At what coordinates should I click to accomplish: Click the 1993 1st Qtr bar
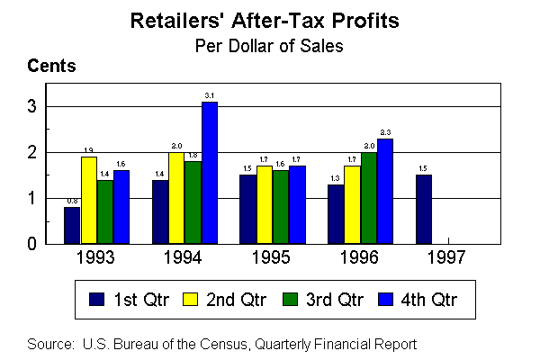[73, 225]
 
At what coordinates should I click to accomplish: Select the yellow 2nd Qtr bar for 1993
[88, 200]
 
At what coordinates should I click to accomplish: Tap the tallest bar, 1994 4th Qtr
[210, 173]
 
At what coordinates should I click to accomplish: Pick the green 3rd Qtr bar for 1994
[193, 202]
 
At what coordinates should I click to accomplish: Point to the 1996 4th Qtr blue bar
[385, 191]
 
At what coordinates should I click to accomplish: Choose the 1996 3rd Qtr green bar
[369, 198]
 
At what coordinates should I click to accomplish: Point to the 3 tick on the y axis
[31, 107]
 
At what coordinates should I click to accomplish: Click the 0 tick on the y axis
[31, 244]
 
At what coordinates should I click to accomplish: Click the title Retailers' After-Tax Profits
[270, 19]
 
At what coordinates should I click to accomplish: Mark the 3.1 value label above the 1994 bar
[209, 95]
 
